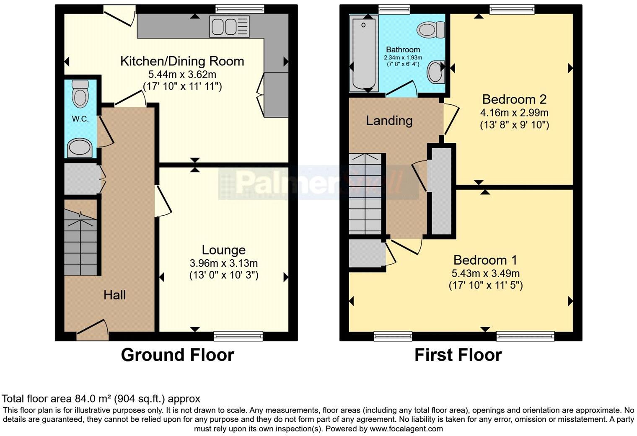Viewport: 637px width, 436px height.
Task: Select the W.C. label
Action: (80, 119)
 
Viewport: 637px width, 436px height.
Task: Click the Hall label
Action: (114, 295)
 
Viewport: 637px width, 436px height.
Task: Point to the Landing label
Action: (389, 121)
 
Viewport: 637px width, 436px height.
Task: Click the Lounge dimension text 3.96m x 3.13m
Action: (223, 263)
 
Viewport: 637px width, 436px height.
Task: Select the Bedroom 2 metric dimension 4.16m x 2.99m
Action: (514, 113)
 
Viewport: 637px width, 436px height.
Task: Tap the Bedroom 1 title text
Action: (485, 260)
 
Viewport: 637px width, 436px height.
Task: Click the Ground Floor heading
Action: (177, 355)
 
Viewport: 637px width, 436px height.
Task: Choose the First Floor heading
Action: (458, 355)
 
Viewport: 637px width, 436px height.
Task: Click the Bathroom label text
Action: (403, 50)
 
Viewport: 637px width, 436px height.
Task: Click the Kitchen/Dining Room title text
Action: (182, 61)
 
